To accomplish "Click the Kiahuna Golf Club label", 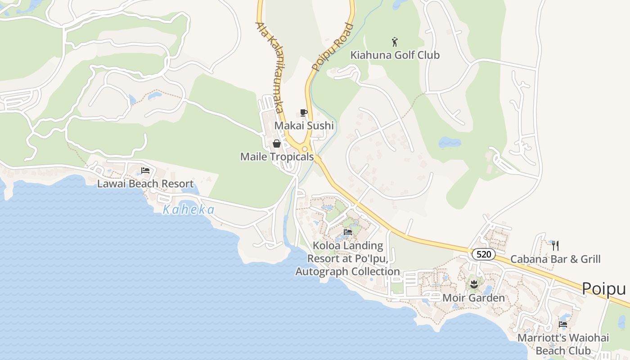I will click(395, 55).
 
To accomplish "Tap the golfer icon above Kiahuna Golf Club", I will click(395, 42).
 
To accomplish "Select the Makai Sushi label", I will click(304, 126).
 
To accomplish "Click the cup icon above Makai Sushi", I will click(304, 112).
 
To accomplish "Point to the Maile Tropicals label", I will click(277, 157).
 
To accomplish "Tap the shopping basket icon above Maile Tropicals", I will click(276, 144).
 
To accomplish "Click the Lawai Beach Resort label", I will click(145, 184).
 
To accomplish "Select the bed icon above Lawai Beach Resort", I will click(145, 171).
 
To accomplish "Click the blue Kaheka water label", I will click(189, 210).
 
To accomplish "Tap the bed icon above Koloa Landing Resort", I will click(348, 232).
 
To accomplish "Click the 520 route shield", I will click(483, 254).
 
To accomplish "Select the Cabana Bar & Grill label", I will click(555, 259).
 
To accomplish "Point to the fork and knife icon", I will click(555, 246).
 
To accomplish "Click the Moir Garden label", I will click(473, 298).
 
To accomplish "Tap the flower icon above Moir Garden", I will click(473, 284).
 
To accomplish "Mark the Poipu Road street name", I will click(333, 47).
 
